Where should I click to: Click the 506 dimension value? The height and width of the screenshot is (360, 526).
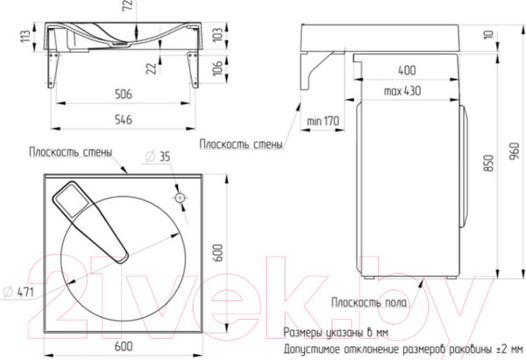124,95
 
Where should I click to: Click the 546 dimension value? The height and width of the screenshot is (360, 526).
124,120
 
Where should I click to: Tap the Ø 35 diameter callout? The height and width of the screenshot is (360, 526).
158,157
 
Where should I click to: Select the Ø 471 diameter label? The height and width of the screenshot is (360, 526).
18,292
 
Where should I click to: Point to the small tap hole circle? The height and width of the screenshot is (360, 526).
180,197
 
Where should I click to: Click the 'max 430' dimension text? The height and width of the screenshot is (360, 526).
402,91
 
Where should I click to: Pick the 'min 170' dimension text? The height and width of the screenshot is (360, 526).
323,121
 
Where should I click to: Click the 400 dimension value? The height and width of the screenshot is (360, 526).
408,70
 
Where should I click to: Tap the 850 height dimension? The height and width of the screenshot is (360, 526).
490,163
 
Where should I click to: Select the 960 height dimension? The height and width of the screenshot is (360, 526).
515,152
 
